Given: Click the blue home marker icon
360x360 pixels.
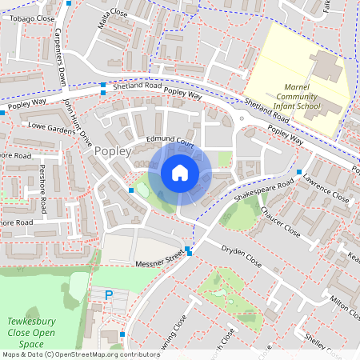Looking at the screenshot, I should (x=180, y=173).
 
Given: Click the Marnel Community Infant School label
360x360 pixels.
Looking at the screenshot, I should (x=314, y=97).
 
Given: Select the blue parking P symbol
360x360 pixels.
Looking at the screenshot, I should (x=110, y=295).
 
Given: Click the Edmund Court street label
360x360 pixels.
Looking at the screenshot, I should (x=170, y=140).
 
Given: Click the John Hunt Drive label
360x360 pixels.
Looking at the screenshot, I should (x=78, y=121).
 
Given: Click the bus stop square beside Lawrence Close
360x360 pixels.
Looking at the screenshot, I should (x=299, y=172).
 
